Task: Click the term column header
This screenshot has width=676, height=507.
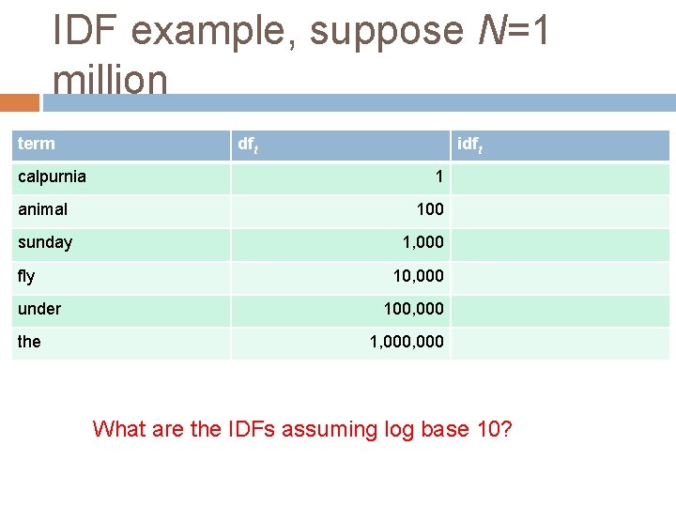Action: [37, 144]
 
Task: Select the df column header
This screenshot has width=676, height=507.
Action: [248, 145]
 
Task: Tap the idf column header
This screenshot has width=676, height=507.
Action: [469, 145]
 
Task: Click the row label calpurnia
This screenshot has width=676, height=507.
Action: [52, 177]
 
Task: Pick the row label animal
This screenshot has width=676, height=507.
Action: [42, 209]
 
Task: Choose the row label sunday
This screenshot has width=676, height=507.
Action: [44, 242]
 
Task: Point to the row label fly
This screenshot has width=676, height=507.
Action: [26, 276]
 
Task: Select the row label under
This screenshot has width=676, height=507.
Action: [39, 309]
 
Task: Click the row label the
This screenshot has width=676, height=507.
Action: [29, 342]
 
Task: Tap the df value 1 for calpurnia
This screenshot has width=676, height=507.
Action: [438, 177]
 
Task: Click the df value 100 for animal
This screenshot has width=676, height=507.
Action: [430, 209]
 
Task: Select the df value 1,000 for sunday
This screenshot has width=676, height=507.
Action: [422, 242]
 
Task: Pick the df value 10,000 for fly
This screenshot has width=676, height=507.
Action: [418, 276]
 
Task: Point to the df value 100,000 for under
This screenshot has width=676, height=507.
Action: [413, 309]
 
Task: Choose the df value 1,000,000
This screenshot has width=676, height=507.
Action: [407, 342]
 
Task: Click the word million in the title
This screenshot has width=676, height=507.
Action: [111, 81]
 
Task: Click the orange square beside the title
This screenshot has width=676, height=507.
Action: [20, 101]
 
